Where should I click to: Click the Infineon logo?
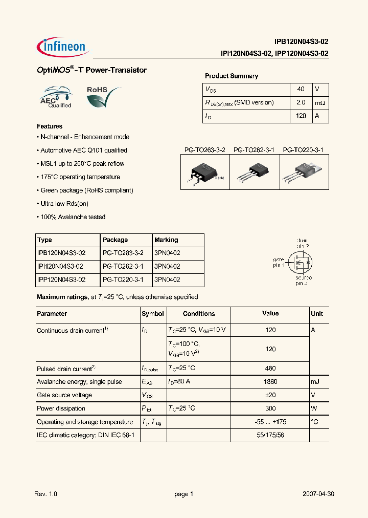(x=63, y=47)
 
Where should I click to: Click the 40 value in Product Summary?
(x=301, y=89)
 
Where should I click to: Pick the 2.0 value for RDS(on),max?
(x=301, y=102)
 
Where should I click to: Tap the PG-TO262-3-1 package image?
(x=255, y=172)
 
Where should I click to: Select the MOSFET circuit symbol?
(x=300, y=262)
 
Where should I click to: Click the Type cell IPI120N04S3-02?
(x=60, y=266)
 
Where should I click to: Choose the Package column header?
(x=115, y=240)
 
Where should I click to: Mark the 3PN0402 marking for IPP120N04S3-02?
(x=167, y=279)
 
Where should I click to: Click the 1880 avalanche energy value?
(x=270, y=382)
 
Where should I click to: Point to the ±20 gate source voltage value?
(x=270, y=395)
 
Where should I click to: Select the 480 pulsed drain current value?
(x=270, y=368)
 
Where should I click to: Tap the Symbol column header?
(x=152, y=314)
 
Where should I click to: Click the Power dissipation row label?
(x=61, y=408)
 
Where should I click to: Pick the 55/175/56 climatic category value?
(x=270, y=435)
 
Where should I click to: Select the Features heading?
(x=50, y=126)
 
